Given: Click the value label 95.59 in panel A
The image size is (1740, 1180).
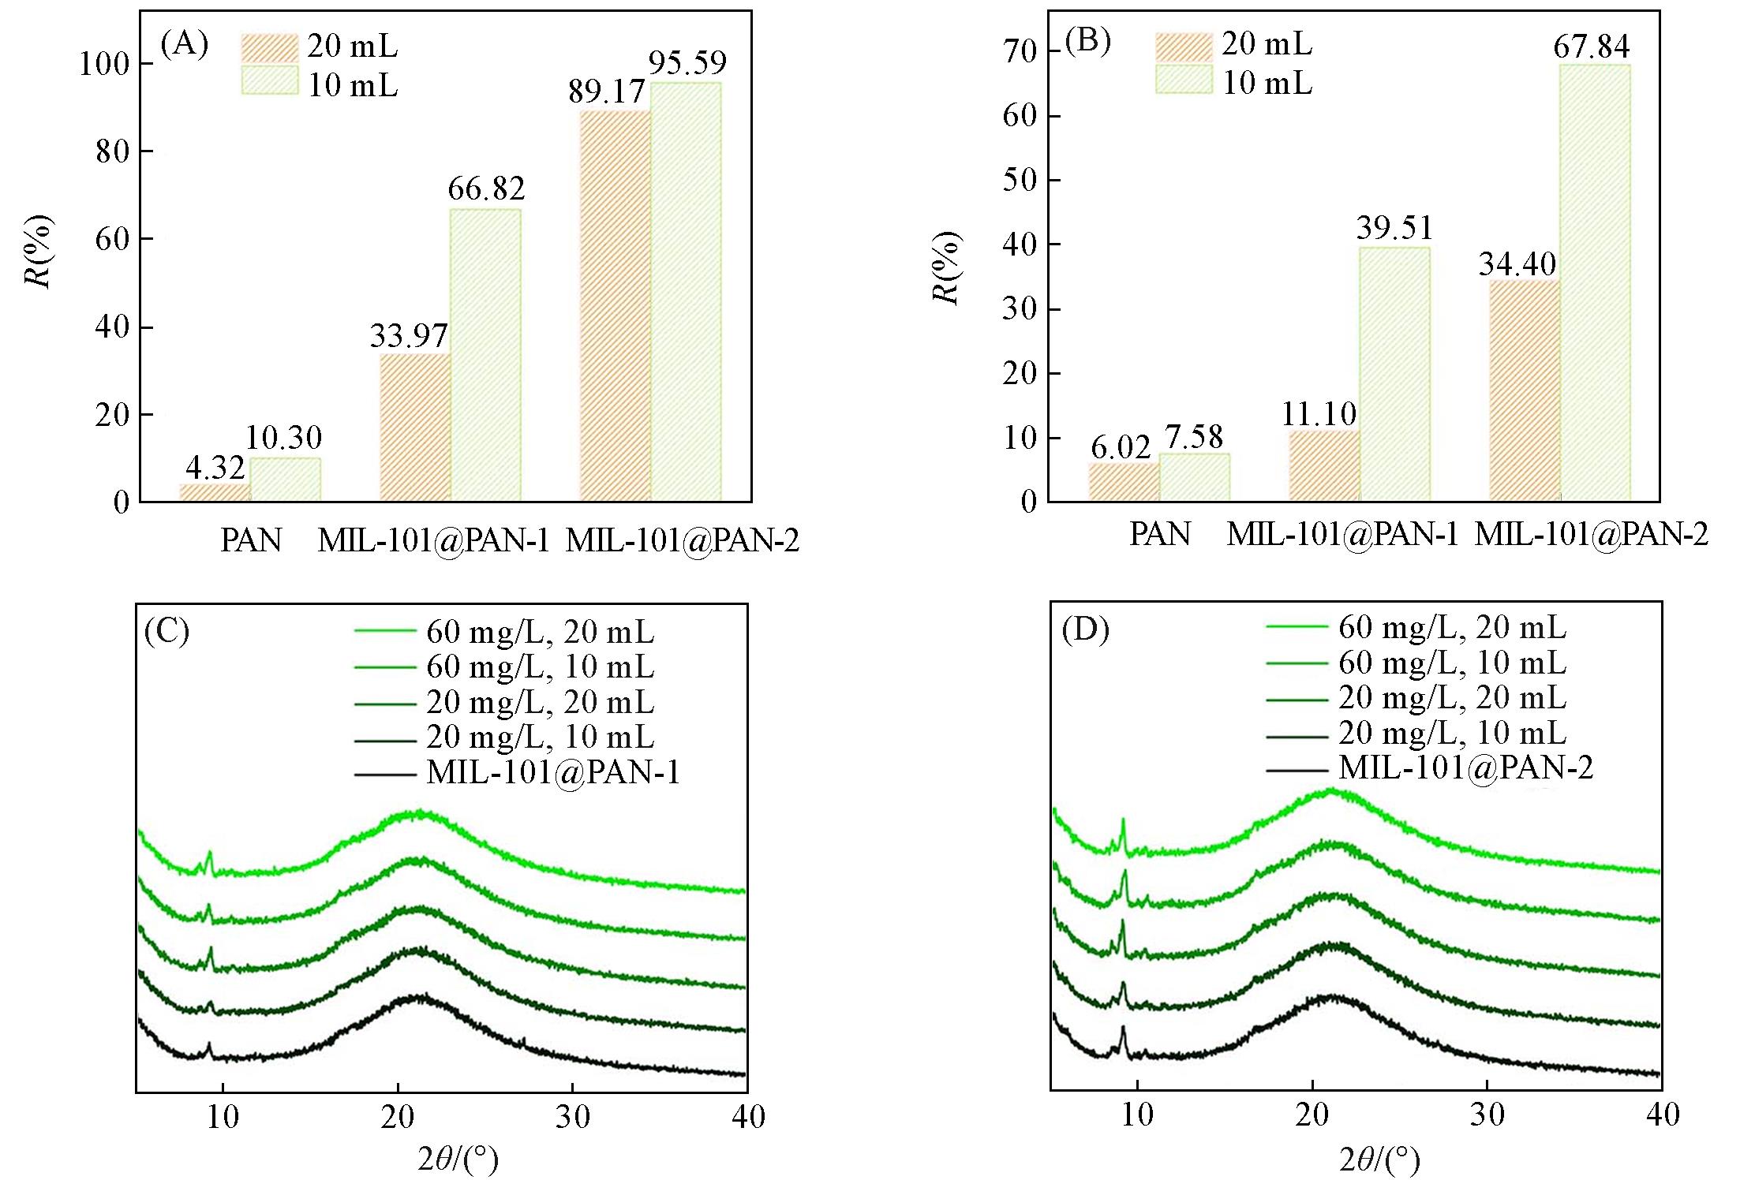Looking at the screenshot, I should point(687,63).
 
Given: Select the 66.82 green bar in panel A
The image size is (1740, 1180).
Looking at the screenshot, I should point(485,355).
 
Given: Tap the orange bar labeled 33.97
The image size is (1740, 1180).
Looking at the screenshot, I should point(415,427).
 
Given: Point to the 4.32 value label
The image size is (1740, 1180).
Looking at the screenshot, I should point(215,468).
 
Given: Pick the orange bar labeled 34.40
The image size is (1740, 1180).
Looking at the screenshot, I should point(1525,390).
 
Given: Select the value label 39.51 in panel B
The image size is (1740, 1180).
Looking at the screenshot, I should point(1394,228).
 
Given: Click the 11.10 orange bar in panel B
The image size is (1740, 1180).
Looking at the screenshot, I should point(1324,465).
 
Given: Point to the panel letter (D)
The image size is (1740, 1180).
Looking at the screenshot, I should point(1085,629).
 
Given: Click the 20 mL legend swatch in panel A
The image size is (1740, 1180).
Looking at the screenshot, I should point(270,47).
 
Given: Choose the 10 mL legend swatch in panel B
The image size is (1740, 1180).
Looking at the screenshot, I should point(1184,80).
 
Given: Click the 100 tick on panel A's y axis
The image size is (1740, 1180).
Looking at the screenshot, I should point(103,64).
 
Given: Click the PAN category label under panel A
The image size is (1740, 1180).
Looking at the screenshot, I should point(251,540).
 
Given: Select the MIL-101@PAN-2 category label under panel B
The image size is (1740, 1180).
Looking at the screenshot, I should point(1591,535).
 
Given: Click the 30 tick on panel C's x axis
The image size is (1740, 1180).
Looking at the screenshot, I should point(573,1117).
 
